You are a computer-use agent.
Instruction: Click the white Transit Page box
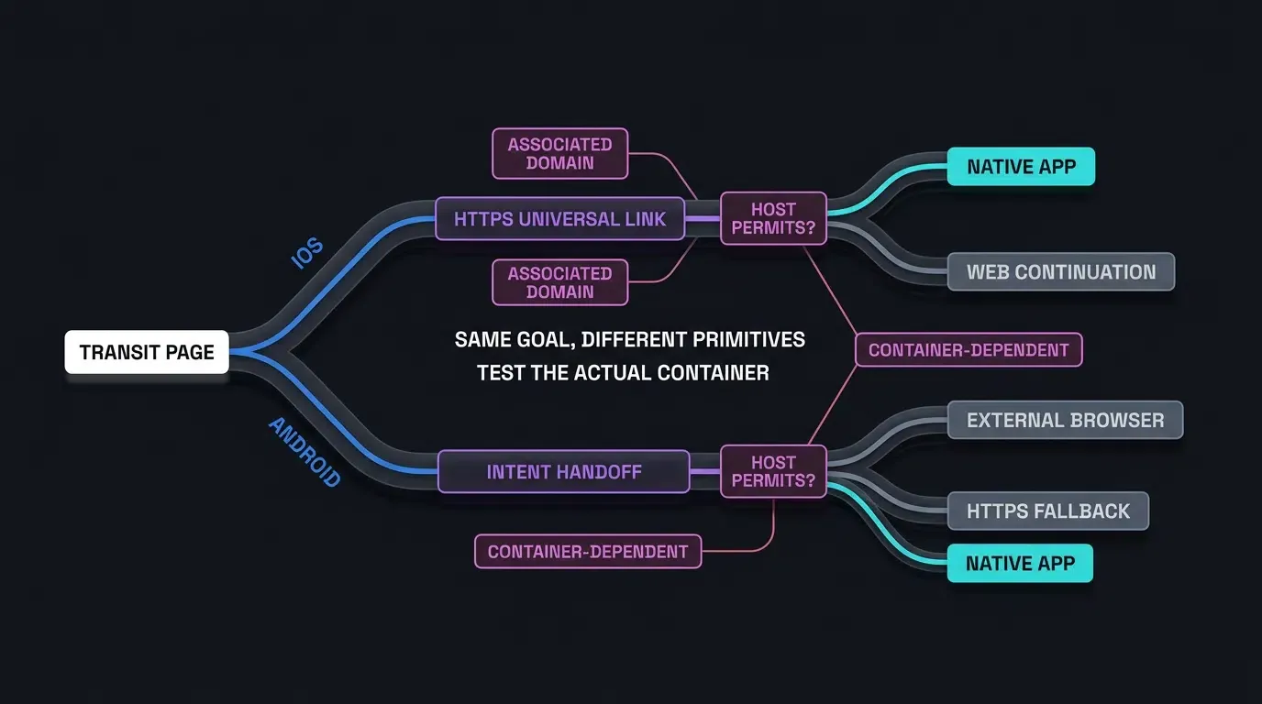click(147, 352)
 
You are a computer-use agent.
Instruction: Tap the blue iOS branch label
click(307, 253)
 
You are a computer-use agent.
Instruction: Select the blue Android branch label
click(304, 452)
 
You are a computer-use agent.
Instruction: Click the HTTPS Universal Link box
click(560, 218)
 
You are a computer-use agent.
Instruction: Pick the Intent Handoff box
click(563, 471)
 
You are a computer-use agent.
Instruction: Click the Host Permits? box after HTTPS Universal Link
click(773, 218)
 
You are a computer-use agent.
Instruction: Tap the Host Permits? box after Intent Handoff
click(773, 471)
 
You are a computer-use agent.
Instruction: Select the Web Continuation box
click(1061, 272)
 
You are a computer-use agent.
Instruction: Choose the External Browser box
click(1066, 420)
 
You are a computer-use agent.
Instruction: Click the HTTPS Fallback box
click(1048, 511)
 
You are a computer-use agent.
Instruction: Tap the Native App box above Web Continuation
click(1021, 167)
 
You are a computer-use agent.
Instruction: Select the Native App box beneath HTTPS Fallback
click(1020, 563)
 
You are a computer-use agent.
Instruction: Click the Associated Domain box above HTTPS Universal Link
click(560, 154)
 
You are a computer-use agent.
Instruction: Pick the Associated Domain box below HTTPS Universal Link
click(560, 282)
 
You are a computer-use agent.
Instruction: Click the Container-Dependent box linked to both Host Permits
click(969, 350)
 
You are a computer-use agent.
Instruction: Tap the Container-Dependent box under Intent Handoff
click(588, 551)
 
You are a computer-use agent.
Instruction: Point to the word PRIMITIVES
click(748, 339)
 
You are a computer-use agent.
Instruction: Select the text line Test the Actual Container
click(623, 373)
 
